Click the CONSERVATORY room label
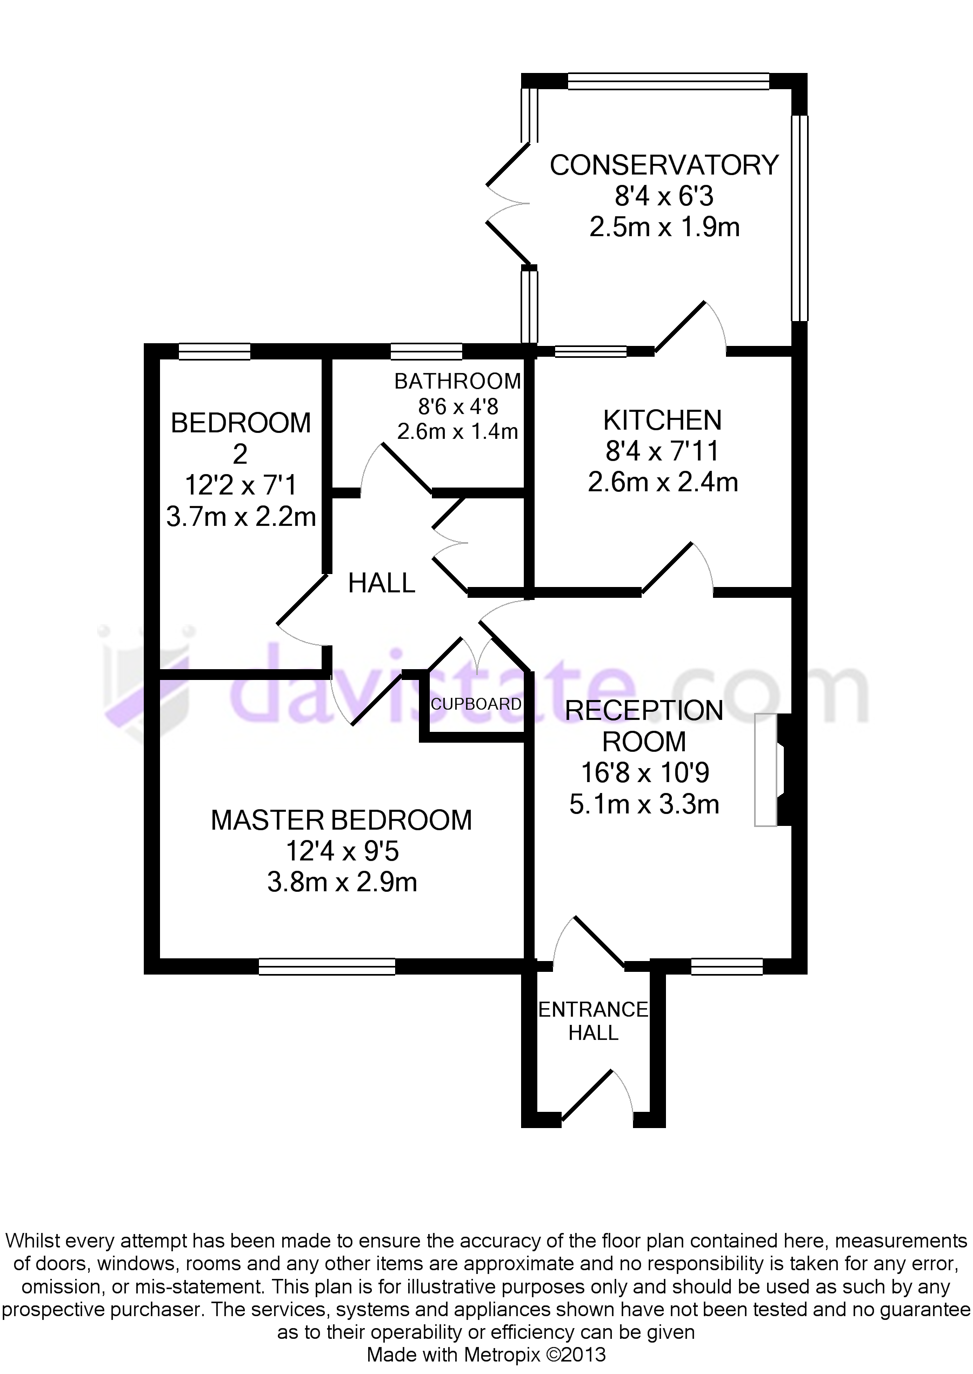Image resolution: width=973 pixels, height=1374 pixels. click(664, 165)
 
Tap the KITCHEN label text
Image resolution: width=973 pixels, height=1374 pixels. click(662, 421)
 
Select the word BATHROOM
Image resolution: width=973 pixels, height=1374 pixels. click(457, 381)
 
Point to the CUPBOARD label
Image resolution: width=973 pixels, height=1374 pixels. click(476, 704)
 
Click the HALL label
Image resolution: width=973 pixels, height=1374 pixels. click(382, 583)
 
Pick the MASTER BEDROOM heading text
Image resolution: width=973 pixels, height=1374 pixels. click(342, 821)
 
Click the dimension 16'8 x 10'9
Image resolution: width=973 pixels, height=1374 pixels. click(645, 772)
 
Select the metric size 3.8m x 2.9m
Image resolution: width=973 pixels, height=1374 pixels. click(342, 882)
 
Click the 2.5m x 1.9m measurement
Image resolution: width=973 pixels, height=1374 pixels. click(664, 227)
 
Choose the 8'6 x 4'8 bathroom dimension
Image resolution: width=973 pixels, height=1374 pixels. click(458, 406)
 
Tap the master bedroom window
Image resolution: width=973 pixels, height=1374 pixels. click(326, 966)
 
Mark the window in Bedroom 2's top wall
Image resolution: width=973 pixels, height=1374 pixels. click(215, 351)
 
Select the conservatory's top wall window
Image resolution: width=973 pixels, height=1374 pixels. click(668, 82)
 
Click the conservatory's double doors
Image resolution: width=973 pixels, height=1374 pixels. click(508, 204)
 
